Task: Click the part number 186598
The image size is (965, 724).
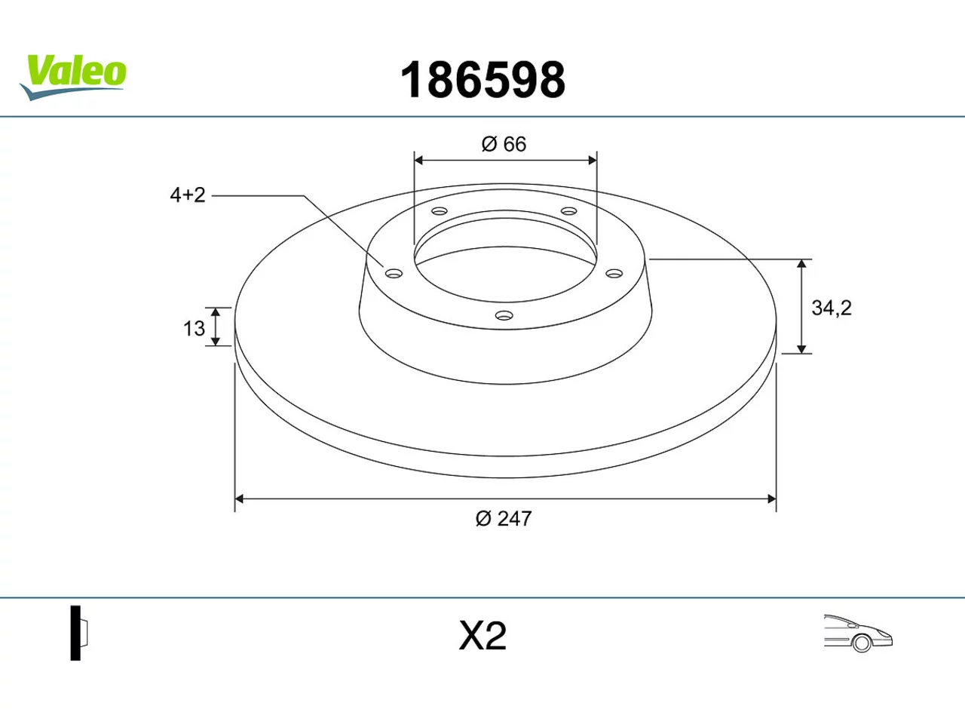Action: coord(482,80)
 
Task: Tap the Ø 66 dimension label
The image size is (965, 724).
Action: coord(504,144)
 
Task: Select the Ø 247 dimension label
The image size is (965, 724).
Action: coord(504,519)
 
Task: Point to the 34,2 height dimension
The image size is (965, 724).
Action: coord(832,308)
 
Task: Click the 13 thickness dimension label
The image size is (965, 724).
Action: coord(194,328)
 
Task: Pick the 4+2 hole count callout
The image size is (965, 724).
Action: coord(188,195)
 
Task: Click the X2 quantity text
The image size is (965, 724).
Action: coord(482,636)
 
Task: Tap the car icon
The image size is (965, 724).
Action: coord(858,633)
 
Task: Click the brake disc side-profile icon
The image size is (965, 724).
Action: coord(78,633)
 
